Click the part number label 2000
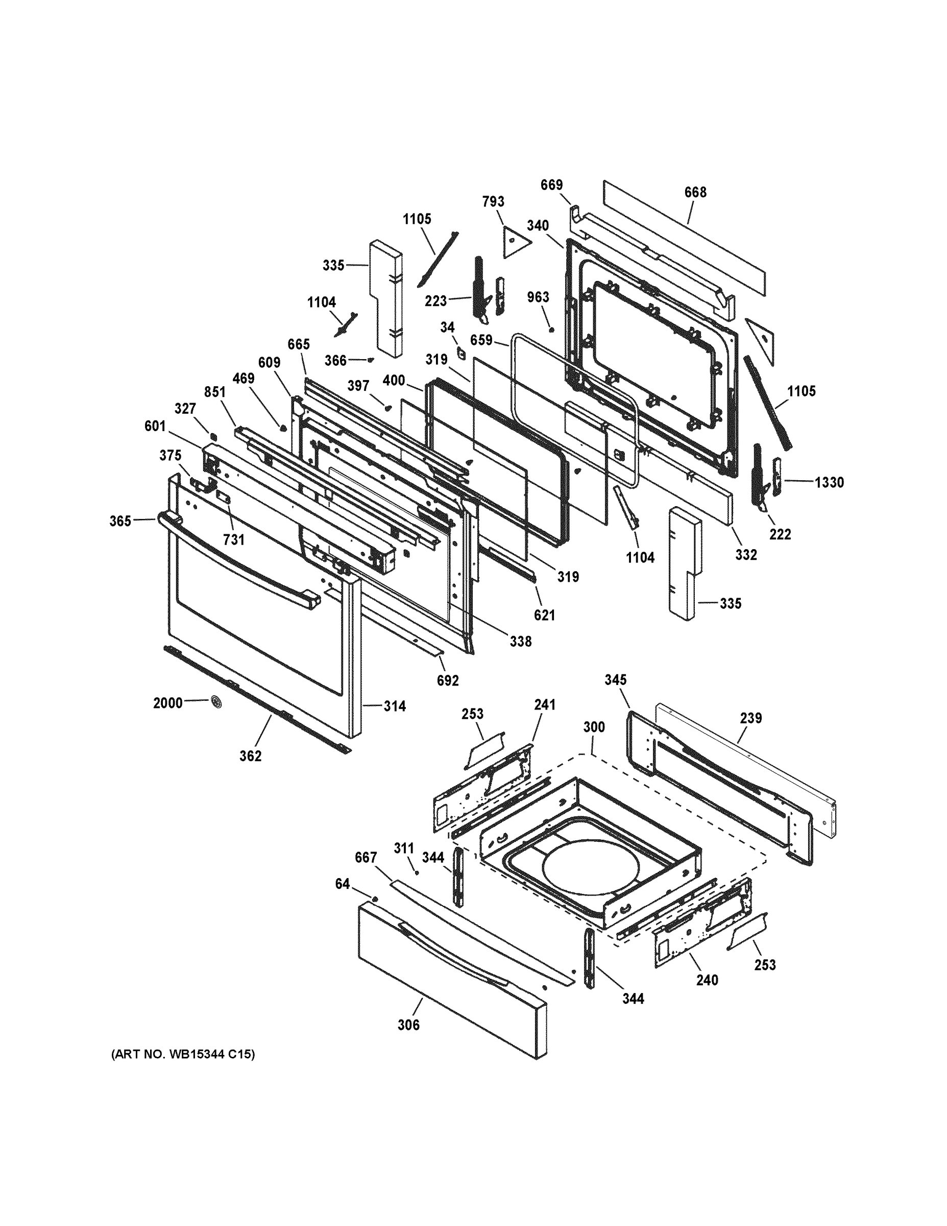[168, 702]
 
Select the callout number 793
[493, 202]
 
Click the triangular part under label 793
[515, 242]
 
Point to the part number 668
[695, 192]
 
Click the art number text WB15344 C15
[183, 1055]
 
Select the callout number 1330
[829, 482]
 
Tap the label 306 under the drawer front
[408, 1025]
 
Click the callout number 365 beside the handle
[120, 521]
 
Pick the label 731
[234, 539]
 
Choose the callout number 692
[448, 680]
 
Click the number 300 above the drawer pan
[594, 727]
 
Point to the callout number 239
[750, 718]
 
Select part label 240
[707, 980]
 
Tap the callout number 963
[538, 297]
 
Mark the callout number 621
[544, 615]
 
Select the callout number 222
[780, 534]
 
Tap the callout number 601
[155, 426]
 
